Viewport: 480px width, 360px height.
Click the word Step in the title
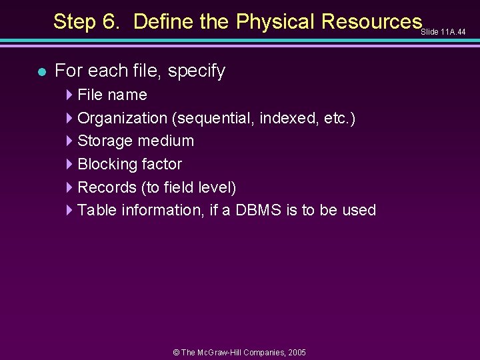point(75,22)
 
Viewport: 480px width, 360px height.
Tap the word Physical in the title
point(275,22)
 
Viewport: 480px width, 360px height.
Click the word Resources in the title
point(371,22)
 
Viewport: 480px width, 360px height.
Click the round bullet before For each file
point(42,71)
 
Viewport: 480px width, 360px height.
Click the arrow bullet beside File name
point(71,95)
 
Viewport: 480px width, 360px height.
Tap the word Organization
point(122,118)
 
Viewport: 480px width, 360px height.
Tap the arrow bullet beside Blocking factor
point(71,164)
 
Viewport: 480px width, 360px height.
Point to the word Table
point(95,210)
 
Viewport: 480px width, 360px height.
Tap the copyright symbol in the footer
point(176,352)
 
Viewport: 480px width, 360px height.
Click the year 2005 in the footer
point(293,352)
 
